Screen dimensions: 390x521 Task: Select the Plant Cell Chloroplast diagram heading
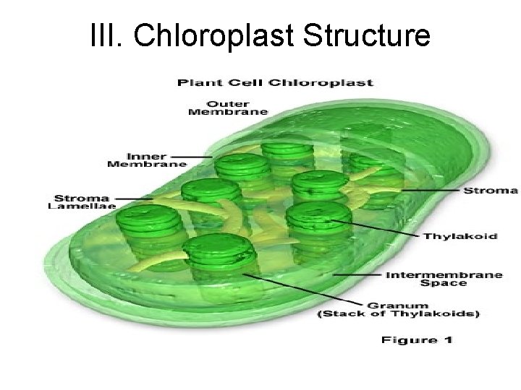(x=276, y=82)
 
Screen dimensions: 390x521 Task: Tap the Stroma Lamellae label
(x=79, y=202)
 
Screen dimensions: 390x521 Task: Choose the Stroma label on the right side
(x=490, y=191)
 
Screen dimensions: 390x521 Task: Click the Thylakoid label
(x=460, y=236)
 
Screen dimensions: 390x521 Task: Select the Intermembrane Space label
(x=433, y=279)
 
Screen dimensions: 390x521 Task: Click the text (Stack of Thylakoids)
(x=398, y=314)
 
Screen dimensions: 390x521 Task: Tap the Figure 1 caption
(x=417, y=339)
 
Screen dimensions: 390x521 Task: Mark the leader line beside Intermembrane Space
(x=358, y=274)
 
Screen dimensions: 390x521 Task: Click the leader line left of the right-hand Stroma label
(x=431, y=190)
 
